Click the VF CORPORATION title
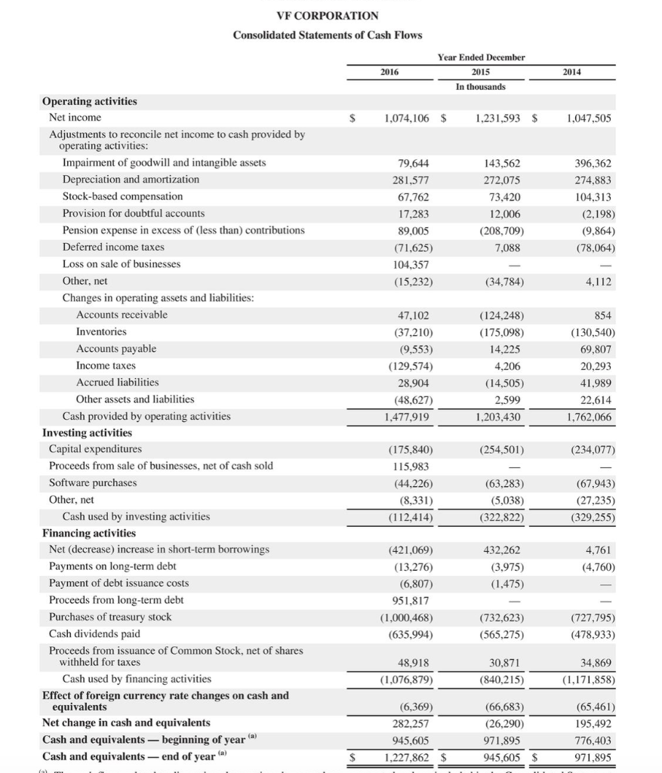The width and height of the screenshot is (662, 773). pyautogui.click(x=328, y=15)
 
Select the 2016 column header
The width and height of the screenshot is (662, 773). pyautogui.click(x=390, y=72)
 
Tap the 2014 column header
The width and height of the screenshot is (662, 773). pyautogui.click(x=573, y=72)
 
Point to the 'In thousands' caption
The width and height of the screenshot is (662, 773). pyautogui.click(x=481, y=86)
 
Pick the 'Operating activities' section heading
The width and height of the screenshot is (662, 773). pyautogui.click(x=90, y=101)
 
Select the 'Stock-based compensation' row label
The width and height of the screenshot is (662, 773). pyautogui.click(x=122, y=196)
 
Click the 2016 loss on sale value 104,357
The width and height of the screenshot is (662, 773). pyautogui.click(x=408, y=264)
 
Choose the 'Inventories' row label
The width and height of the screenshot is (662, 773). pyautogui.click(x=101, y=331)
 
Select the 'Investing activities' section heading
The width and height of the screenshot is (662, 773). pyautogui.click(x=87, y=433)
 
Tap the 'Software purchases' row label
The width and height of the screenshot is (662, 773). pyautogui.click(x=93, y=482)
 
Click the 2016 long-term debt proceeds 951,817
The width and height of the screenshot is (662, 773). pyautogui.click(x=410, y=600)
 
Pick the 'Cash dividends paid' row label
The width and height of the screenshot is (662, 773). pyautogui.click(x=94, y=633)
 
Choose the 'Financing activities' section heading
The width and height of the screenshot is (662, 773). pyautogui.click(x=89, y=533)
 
